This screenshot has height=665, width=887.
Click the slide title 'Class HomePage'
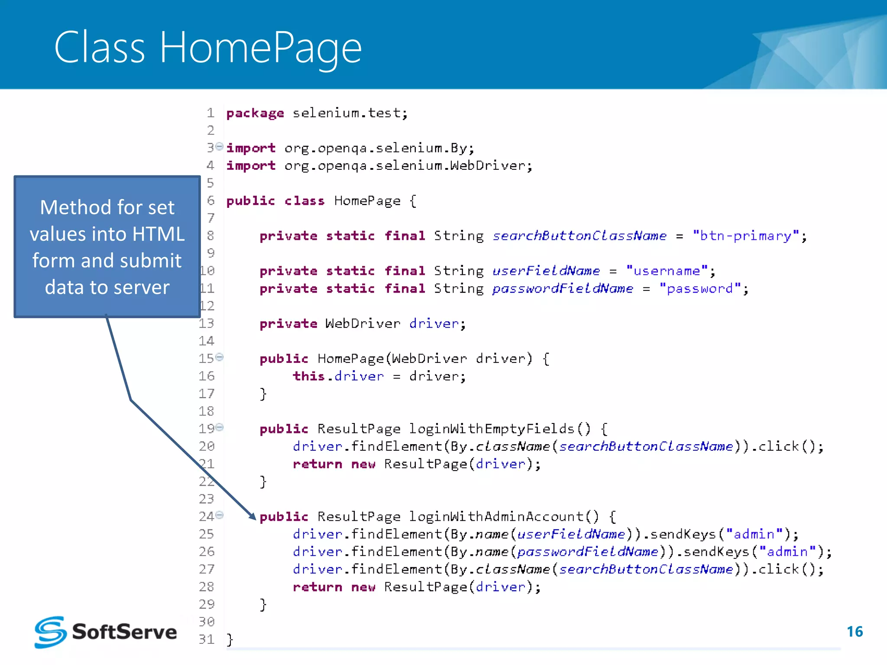click(207, 48)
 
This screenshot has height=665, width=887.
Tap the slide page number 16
click(855, 632)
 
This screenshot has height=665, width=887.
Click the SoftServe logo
click(106, 632)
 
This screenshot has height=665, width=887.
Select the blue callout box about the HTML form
click(107, 247)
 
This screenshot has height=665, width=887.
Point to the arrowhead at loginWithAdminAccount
click(253, 516)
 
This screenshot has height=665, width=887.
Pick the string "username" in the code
click(667, 271)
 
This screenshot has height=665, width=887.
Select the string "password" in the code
click(700, 289)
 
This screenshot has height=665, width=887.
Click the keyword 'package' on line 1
click(255, 113)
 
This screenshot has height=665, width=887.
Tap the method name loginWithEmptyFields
click(492, 429)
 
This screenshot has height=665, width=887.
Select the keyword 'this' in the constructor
click(308, 376)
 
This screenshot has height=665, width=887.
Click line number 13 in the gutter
click(207, 323)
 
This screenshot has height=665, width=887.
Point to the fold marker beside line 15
click(220, 357)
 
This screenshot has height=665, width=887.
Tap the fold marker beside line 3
click(220, 146)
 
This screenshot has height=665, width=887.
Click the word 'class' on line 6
click(304, 201)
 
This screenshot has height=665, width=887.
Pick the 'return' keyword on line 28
click(317, 587)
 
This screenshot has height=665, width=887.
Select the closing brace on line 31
click(230, 639)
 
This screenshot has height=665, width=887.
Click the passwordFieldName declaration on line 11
click(563, 289)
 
